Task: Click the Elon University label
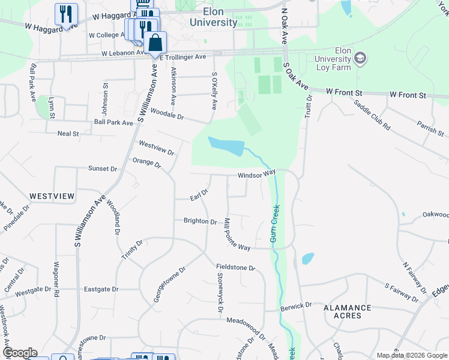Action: click(212, 17)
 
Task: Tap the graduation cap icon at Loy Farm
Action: click(361, 59)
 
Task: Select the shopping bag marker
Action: click(155, 43)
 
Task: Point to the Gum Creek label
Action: click(274, 223)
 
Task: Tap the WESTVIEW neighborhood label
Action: click(52, 196)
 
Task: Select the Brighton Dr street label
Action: click(200, 221)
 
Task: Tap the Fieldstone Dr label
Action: click(236, 268)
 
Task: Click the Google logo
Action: click(20, 353)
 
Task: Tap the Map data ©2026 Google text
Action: click(411, 355)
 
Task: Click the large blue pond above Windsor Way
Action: click(225, 145)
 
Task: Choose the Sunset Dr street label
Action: click(103, 169)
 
